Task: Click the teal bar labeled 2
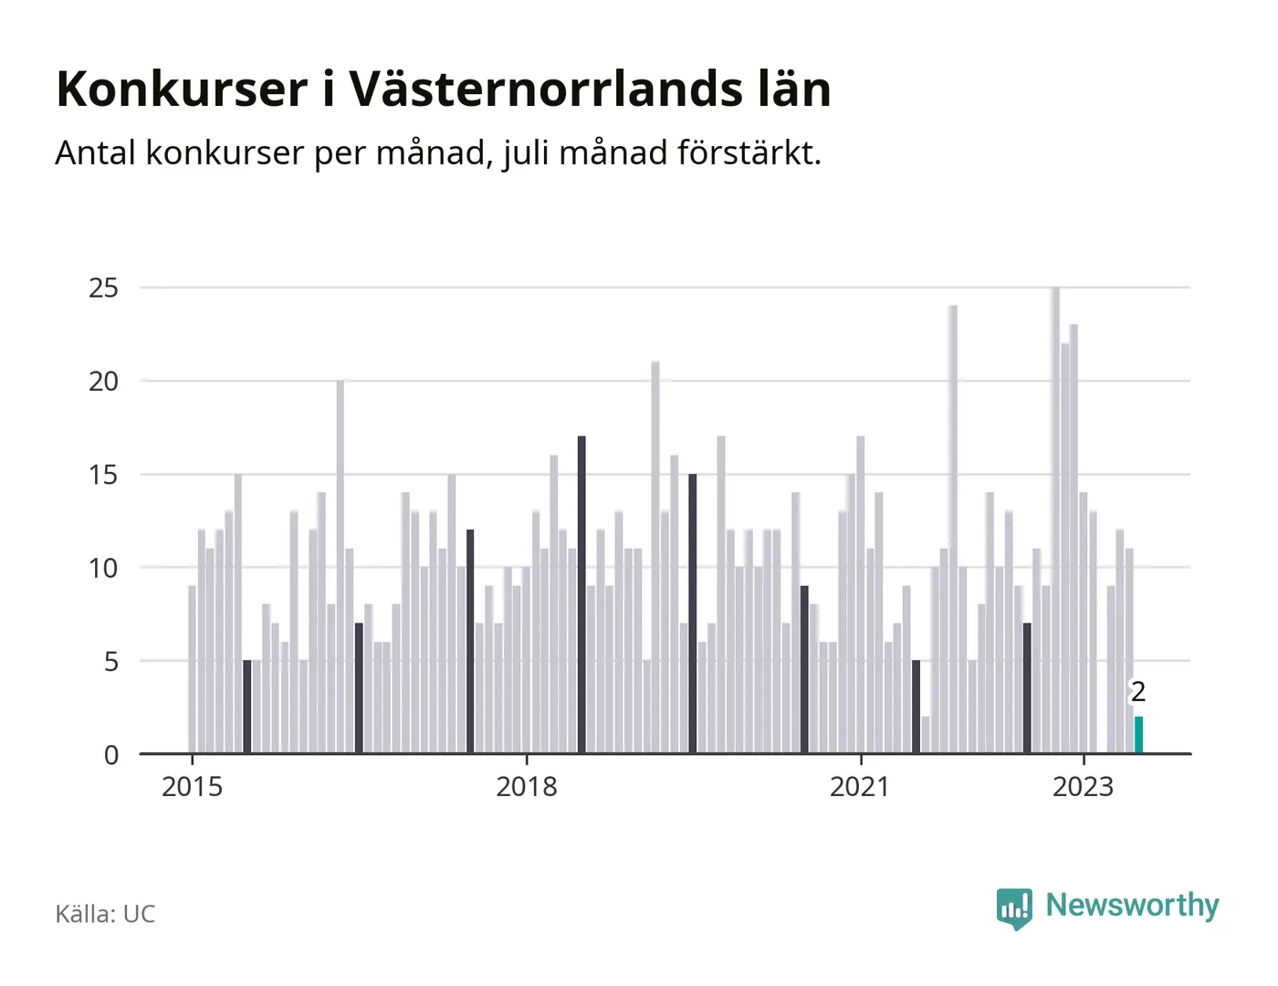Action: point(1138,734)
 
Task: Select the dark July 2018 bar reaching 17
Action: point(581,594)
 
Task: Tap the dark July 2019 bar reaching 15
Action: point(692,614)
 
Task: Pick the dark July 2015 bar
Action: point(247,707)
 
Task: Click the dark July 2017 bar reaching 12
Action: point(470,642)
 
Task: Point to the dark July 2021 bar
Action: point(916,707)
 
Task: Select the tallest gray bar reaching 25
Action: point(1055,520)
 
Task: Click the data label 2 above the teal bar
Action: point(1138,692)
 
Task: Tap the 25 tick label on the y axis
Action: point(103,288)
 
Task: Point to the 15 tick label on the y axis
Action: point(103,475)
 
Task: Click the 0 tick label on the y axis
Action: point(111,755)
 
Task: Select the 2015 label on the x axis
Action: point(192,787)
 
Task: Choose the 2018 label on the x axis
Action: point(527,787)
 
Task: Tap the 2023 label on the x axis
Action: point(1084,787)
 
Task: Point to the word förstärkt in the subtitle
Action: point(749,152)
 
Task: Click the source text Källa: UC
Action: point(105,914)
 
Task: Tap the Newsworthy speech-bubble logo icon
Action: point(1014,908)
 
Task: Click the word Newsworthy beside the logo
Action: point(1132,906)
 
